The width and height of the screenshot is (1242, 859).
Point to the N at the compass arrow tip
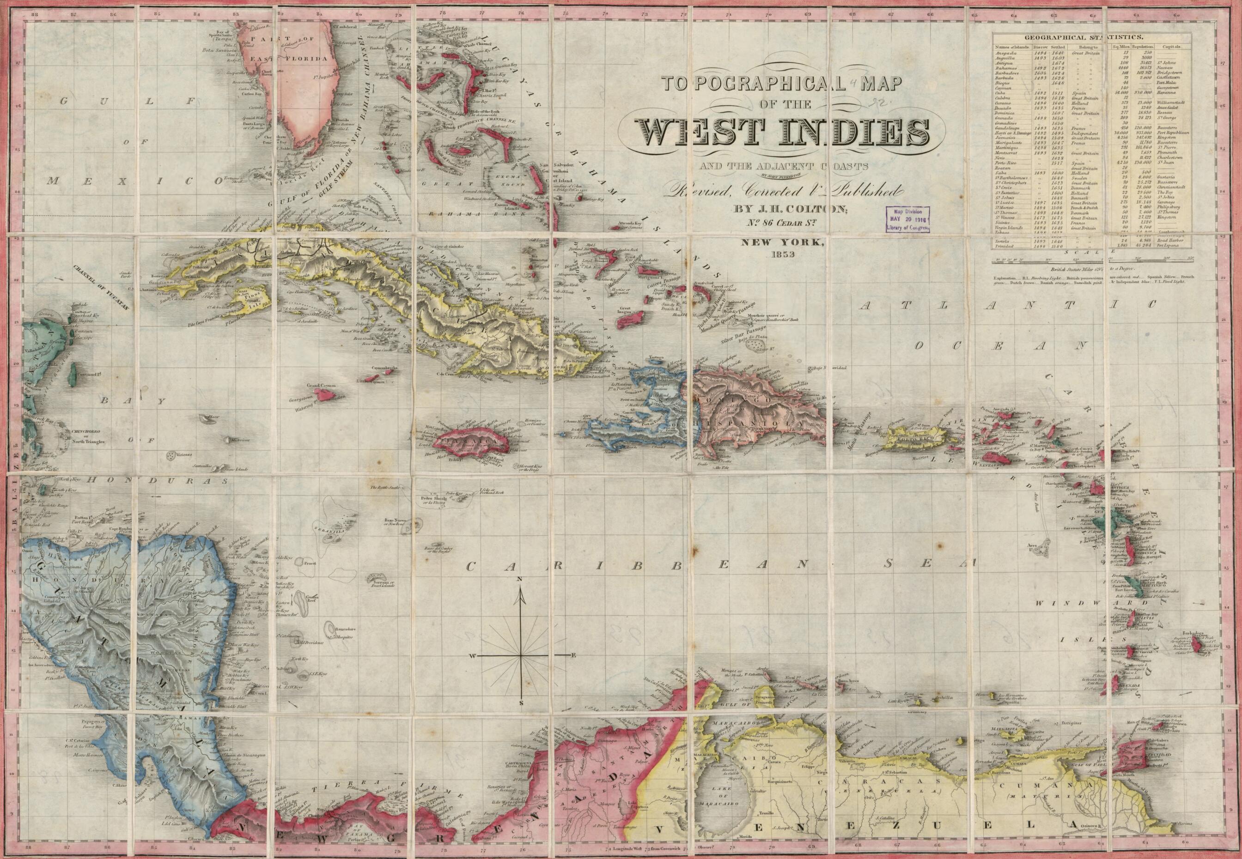point(521,579)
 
